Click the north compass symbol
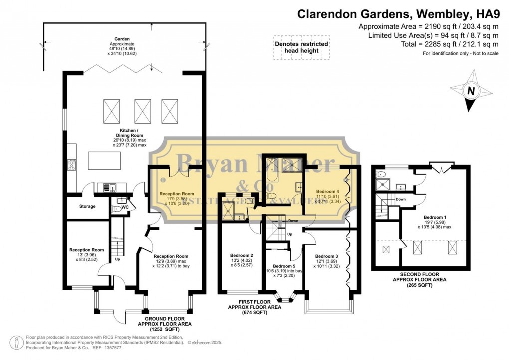pyautogui.click(x=470, y=91)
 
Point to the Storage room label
pyautogui.click(x=87, y=206)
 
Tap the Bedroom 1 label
pyautogui.click(x=434, y=217)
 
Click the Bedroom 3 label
pyautogui.click(x=327, y=256)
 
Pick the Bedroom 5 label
pyautogui.click(x=283, y=266)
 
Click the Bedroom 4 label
pyautogui.click(x=327, y=191)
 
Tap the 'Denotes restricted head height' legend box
pyautogui.click(x=301, y=47)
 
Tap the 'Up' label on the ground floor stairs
pyautogui.click(x=118, y=260)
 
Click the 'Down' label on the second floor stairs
pyautogui.click(x=400, y=199)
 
